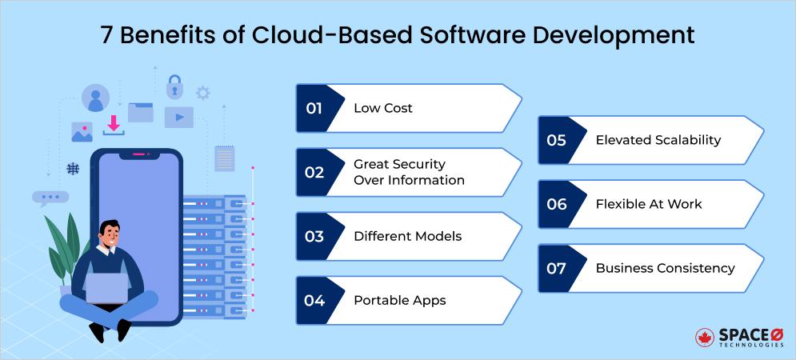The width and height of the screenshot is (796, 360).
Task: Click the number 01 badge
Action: [x=314, y=108]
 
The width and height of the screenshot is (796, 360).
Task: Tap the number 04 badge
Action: [x=314, y=301]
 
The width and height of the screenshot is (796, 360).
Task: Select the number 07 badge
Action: [x=556, y=268]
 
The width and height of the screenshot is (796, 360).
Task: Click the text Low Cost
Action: [x=383, y=108]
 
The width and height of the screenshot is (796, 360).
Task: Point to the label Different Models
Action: [x=407, y=236]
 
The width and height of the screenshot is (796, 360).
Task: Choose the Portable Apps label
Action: [x=399, y=301]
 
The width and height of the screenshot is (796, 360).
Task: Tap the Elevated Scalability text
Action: [x=658, y=140]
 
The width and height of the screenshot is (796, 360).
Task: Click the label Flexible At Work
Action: [x=648, y=204]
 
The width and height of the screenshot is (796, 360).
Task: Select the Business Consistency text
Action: [x=665, y=268]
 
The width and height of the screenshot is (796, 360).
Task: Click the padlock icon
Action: [x=174, y=86]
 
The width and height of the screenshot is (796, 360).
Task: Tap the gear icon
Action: [x=203, y=93]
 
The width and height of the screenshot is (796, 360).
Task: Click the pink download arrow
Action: [x=114, y=124]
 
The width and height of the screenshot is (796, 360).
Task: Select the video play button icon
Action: [x=178, y=118]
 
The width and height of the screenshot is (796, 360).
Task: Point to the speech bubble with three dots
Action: [x=50, y=197]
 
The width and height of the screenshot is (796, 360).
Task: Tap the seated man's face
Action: [x=110, y=237]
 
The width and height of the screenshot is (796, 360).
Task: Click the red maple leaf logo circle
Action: [x=704, y=338]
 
